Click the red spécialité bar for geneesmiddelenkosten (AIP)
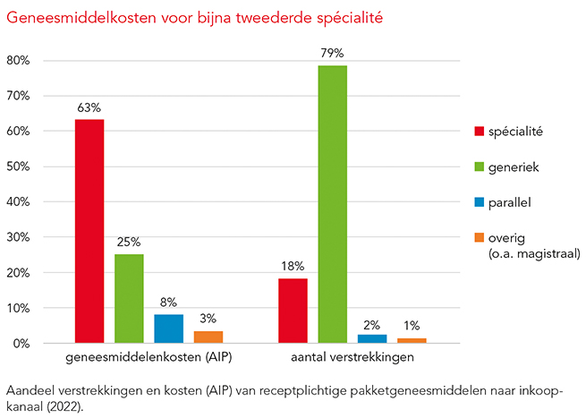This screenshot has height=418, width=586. point(89,231)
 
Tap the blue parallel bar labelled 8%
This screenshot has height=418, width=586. point(168,328)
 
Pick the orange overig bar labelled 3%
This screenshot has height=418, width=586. point(208,337)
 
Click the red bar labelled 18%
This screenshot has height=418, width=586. point(293,311)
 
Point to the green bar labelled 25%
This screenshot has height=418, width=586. point(129,298)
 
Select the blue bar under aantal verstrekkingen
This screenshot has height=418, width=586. point(371,338)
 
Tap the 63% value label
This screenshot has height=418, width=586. point(89,107)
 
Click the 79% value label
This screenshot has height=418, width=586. point(332,54)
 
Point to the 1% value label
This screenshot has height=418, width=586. point(411,326)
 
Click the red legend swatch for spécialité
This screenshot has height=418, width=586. point(480,132)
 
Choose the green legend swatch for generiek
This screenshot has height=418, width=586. point(480,167)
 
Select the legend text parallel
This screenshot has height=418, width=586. point(510,202)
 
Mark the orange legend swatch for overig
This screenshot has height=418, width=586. point(480,238)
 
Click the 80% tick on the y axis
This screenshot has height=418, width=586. point(19,61)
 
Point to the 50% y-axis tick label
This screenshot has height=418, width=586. point(19,167)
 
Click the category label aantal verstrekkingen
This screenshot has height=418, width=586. point(352,359)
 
